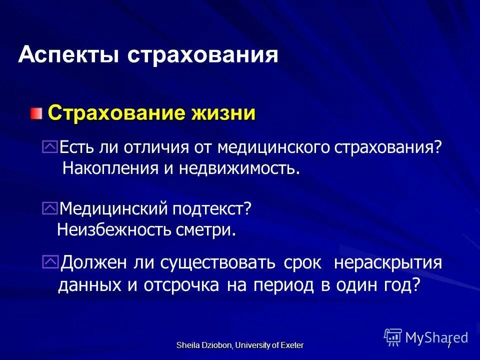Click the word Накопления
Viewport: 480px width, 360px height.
[110, 168]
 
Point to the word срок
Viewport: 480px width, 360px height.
[302, 263]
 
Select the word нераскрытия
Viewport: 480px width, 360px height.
[387, 263]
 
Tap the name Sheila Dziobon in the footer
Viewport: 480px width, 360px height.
[203, 345]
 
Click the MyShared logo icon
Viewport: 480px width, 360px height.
[393, 336]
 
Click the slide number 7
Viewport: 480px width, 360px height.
[449, 345]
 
